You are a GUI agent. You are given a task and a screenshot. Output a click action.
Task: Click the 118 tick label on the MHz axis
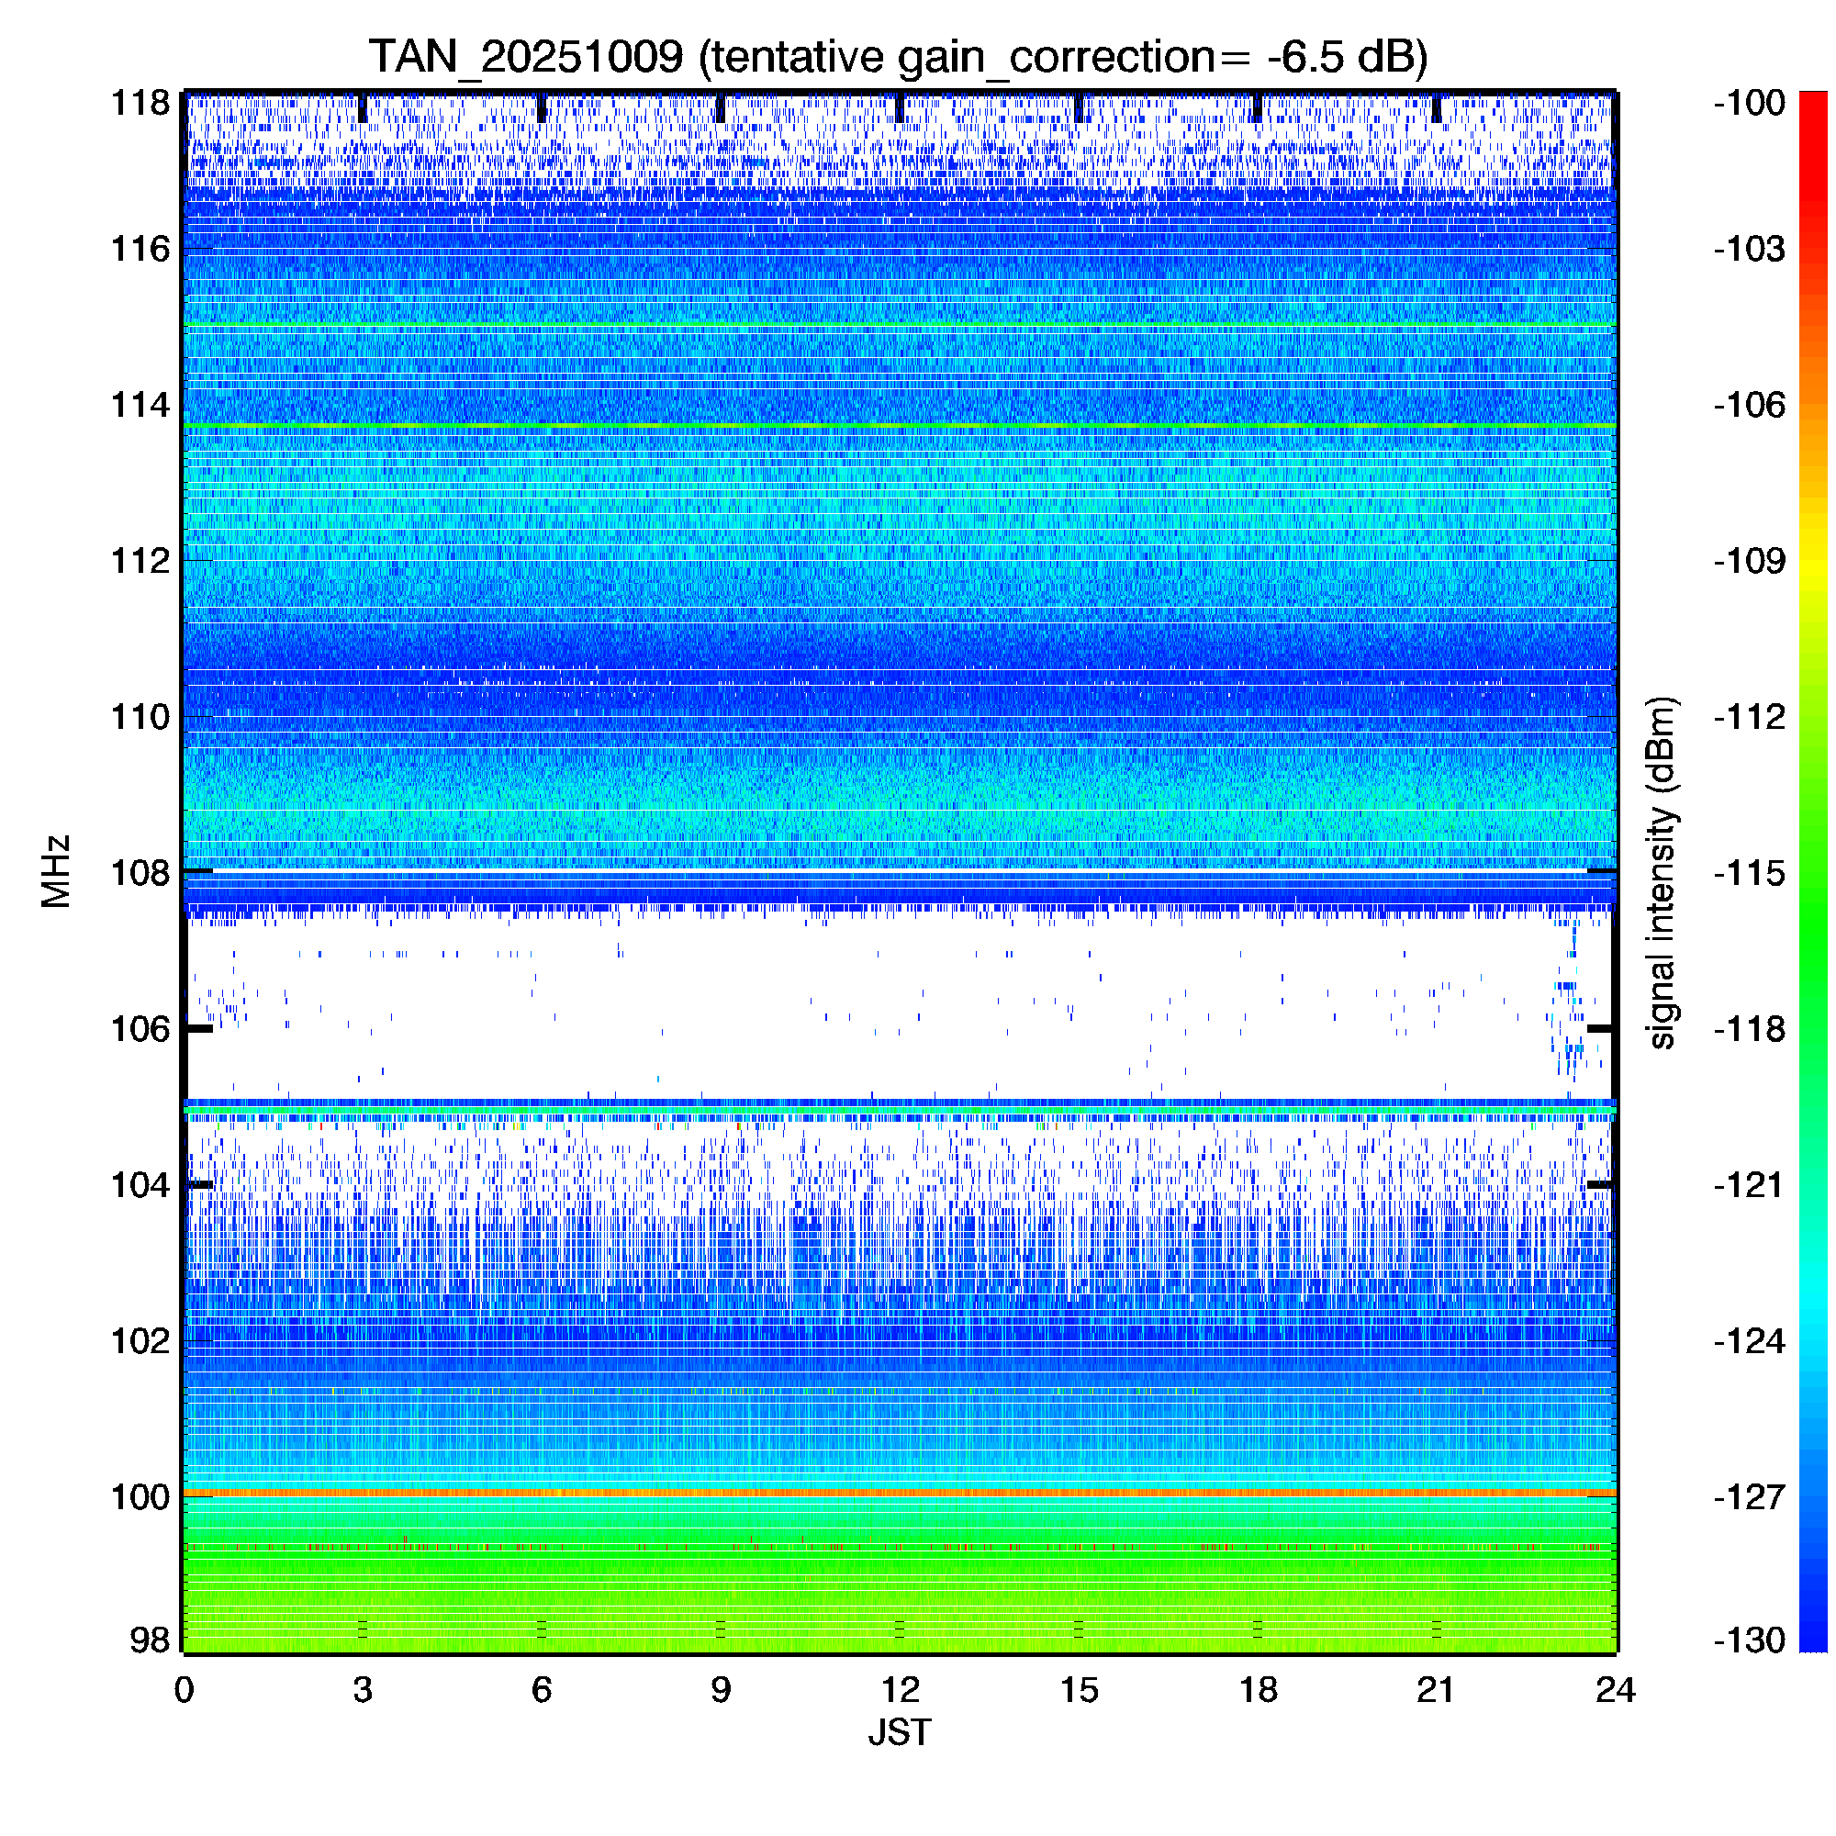click(x=140, y=103)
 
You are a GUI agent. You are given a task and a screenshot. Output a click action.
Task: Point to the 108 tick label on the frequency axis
click(x=140, y=872)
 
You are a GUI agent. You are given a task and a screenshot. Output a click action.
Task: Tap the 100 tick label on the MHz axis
click(x=140, y=1496)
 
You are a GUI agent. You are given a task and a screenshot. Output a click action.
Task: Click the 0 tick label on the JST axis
click(x=185, y=1690)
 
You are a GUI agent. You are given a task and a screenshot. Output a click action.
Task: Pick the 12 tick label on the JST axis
click(x=899, y=1690)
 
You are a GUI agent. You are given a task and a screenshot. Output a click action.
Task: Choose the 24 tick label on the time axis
click(x=1616, y=1690)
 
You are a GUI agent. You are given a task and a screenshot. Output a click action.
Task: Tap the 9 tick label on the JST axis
click(x=721, y=1690)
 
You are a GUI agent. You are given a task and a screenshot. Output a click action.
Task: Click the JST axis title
click(x=899, y=1732)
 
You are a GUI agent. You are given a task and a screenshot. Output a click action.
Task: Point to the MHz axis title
click(x=56, y=871)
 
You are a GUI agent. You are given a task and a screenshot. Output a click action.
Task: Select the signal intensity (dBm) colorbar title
click(x=1662, y=872)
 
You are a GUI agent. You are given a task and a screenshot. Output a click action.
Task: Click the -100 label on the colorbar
click(x=1750, y=103)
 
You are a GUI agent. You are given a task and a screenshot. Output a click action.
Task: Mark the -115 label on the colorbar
click(x=1750, y=872)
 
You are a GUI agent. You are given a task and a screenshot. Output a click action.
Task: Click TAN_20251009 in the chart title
click(x=525, y=57)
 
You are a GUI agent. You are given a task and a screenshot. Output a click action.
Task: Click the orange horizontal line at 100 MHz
click(x=899, y=1494)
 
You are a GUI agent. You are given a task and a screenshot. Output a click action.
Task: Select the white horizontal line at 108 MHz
click(x=899, y=870)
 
